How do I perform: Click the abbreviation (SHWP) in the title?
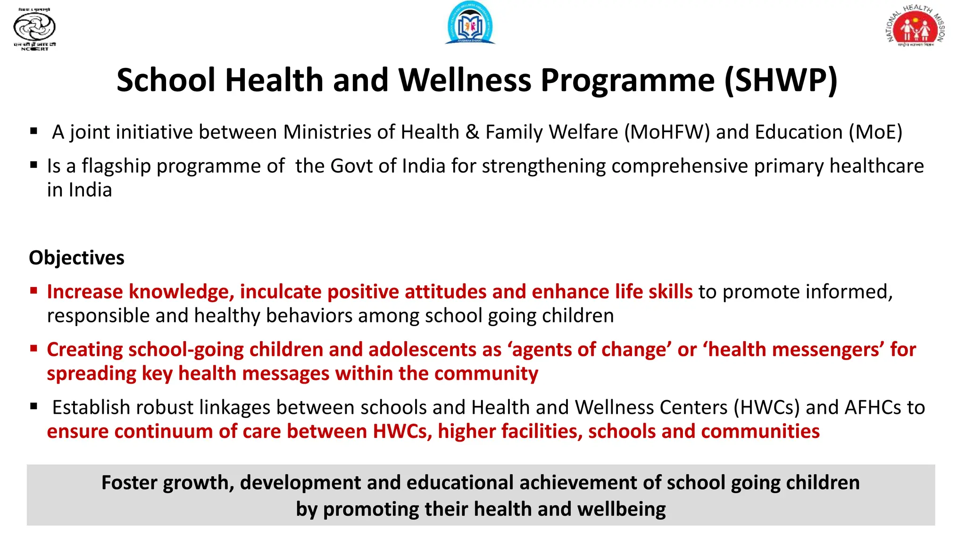tap(781, 80)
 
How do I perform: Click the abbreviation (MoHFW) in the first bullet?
tap(667, 132)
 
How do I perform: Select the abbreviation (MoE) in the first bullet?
tap(875, 132)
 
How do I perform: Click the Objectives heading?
tap(76, 258)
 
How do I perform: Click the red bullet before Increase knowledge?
tap(33, 290)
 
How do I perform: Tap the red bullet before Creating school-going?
tap(33, 348)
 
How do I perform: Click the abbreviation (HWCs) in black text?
tap(766, 408)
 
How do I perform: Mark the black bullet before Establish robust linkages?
tap(33, 406)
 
